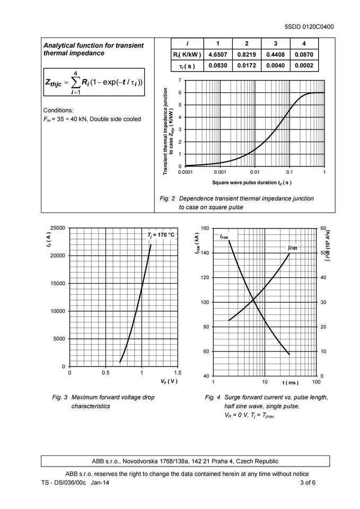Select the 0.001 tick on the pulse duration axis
pyautogui.click(x=219, y=172)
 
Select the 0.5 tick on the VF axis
pyautogui.click(x=106, y=373)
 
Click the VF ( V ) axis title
pyautogui.click(x=169, y=381)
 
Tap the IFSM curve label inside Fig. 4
pyautogui.click(x=224, y=236)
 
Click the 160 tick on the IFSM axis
pyautogui.click(x=205, y=228)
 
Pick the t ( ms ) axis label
pyautogui.click(x=290, y=383)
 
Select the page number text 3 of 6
pyautogui.click(x=308, y=482)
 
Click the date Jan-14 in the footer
pyautogui.click(x=101, y=482)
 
